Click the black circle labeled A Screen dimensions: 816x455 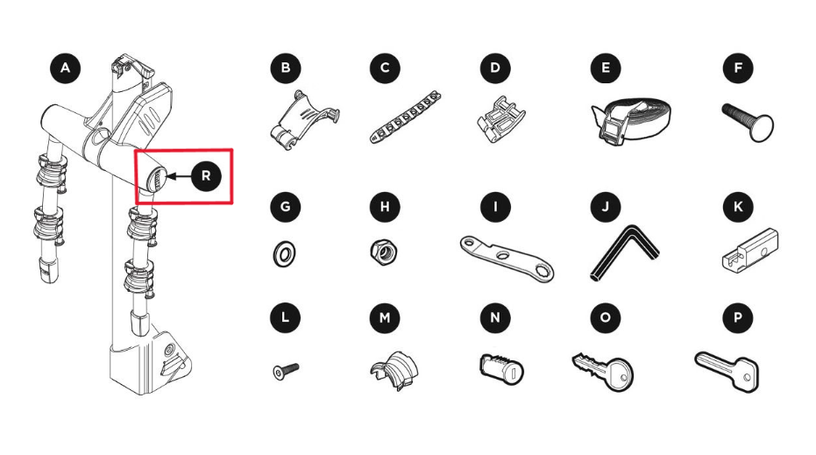65,68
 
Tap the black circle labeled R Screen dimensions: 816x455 206,176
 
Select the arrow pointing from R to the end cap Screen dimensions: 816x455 178,176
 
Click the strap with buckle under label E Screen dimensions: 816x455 631,121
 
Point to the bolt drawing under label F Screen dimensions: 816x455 749,122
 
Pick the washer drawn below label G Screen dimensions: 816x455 284,254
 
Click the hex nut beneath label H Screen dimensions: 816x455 384,252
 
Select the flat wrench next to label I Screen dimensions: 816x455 507,258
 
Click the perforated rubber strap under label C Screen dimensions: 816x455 406,117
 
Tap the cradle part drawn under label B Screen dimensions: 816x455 304,121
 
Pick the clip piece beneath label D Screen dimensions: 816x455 500,119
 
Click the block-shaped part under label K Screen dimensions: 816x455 750,248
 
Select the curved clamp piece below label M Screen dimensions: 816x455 394,370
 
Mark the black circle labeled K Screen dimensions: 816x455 738,207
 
